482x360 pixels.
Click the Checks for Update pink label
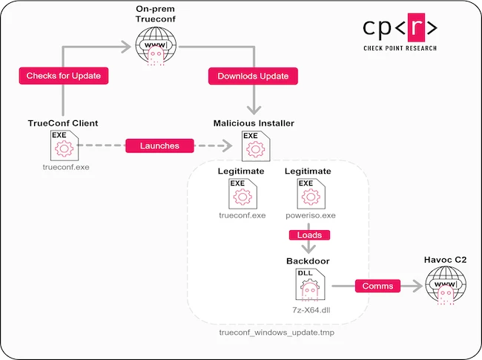tap(63, 76)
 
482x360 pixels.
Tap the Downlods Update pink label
tap(254, 76)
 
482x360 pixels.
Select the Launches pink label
tap(159, 145)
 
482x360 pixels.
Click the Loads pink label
tap(309, 235)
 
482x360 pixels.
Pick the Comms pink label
tap(377, 285)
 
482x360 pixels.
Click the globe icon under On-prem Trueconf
tap(156, 47)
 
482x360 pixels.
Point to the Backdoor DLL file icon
tap(309, 284)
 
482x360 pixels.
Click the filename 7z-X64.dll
tap(309, 306)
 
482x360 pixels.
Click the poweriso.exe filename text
tap(309, 216)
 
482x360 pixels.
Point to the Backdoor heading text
tap(309, 261)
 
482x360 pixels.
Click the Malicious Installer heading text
tap(254, 123)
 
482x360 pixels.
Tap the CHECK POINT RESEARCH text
tap(400, 49)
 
